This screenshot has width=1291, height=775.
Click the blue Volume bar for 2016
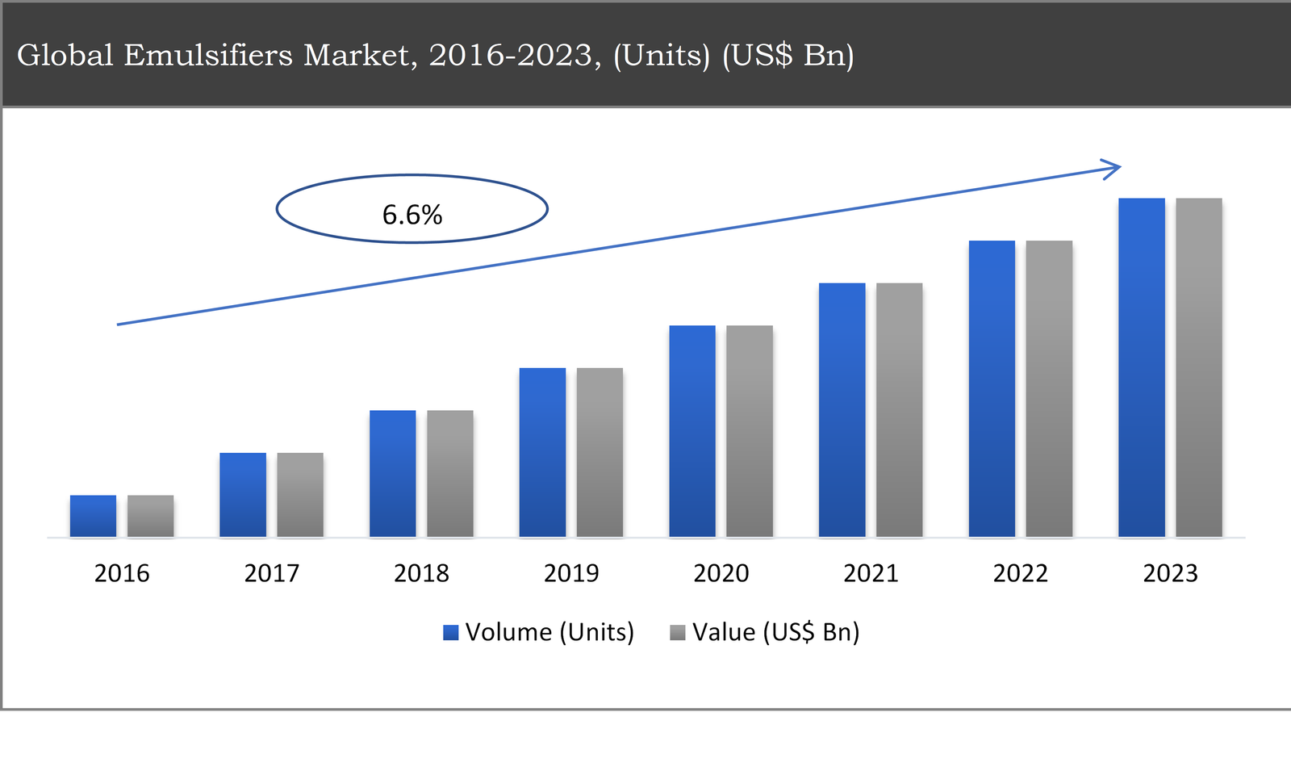(x=93, y=516)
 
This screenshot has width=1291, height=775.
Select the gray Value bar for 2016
(x=150, y=516)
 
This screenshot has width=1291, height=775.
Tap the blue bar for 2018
(x=392, y=474)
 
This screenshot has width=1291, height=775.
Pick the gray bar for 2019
(x=600, y=452)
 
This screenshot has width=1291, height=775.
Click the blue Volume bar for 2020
(x=691, y=431)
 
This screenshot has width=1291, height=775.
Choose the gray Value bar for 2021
(x=899, y=410)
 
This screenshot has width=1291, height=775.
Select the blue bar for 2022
(x=992, y=388)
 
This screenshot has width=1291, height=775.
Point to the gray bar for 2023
(x=1198, y=367)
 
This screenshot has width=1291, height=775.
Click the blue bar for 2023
(x=1141, y=367)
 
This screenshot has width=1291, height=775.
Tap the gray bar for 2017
(x=300, y=495)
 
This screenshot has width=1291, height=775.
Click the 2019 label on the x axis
(x=571, y=573)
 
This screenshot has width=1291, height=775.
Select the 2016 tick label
(x=122, y=573)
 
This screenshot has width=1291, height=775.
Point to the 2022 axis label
(x=1020, y=573)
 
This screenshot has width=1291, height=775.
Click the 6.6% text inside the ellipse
(x=412, y=215)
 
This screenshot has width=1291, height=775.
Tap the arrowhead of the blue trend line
(x=1113, y=169)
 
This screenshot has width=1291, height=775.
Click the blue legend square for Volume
(x=451, y=632)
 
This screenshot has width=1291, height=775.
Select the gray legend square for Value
(x=678, y=632)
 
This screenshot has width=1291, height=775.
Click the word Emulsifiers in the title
(x=207, y=55)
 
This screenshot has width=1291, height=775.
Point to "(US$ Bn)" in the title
(x=788, y=55)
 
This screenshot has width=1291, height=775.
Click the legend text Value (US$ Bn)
(x=775, y=632)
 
